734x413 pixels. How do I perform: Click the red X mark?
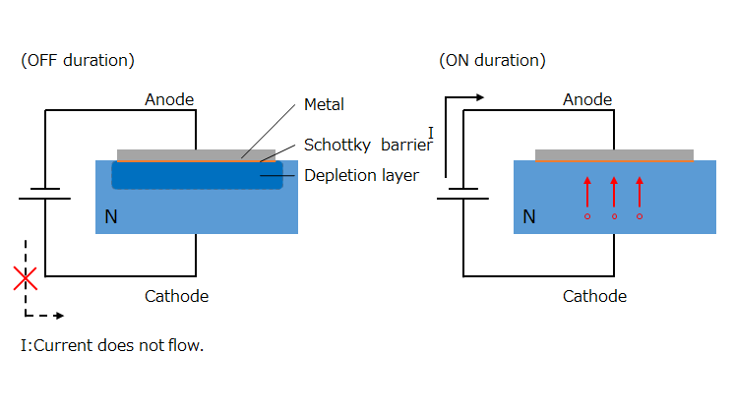click(26, 278)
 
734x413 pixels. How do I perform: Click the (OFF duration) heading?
click(78, 60)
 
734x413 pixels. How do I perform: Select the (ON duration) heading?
click(493, 60)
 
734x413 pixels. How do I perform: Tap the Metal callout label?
click(324, 104)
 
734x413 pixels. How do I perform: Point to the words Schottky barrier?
click(368, 145)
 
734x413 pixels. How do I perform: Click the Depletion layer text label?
click(361, 175)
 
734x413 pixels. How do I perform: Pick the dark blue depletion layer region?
click(197, 175)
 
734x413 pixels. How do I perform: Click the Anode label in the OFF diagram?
click(169, 99)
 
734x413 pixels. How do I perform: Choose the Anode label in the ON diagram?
click(587, 99)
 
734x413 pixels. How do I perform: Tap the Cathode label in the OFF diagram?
click(176, 296)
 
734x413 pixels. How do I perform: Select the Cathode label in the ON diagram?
click(594, 296)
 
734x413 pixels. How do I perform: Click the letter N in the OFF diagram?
click(111, 216)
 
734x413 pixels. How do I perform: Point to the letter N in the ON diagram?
click(529, 216)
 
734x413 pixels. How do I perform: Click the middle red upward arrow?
click(614, 198)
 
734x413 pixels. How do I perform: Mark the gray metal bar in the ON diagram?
click(614, 154)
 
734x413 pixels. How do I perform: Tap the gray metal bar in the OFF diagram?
click(196, 154)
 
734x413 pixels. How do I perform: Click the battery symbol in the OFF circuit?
click(45, 194)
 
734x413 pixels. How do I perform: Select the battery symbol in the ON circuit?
click(463, 194)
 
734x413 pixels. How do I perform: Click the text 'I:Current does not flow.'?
click(112, 346)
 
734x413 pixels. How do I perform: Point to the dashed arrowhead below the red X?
click(59, 316)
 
